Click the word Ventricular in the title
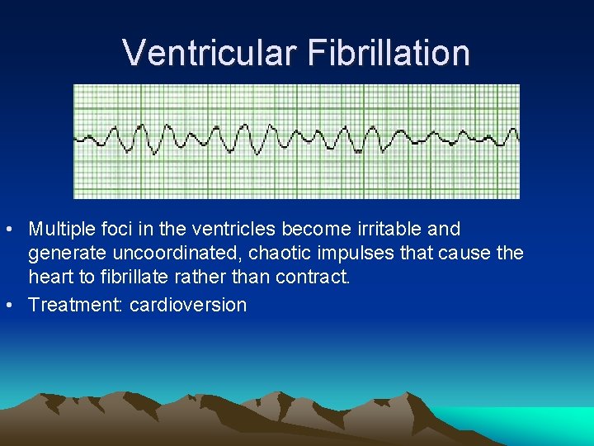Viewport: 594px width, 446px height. pyautogui.click(x=210, y=52)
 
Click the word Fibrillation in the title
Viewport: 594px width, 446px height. pyautogui.click(x=389, y=52)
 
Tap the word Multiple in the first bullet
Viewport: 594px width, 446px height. pyautogui.click(x=63, y=229)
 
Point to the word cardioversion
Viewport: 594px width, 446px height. pyautogui.click(x=188, y=305)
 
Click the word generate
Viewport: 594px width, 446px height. pyautogui.click(x=66, y=254)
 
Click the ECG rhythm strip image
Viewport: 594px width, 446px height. pyautogui.click(x=296, y=141)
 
